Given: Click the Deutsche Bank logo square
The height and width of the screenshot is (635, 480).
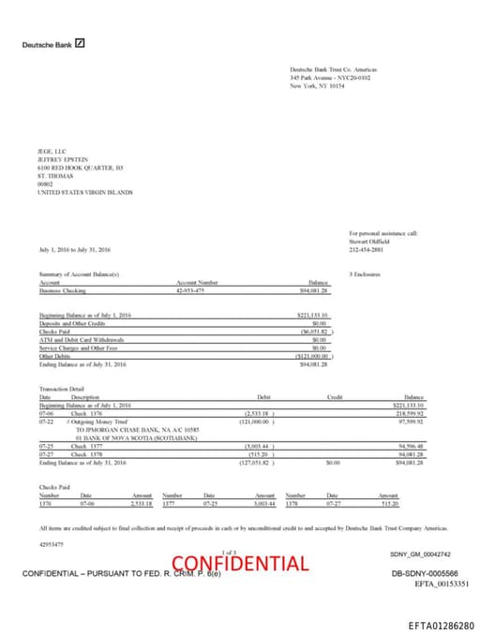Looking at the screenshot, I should [x=81, y=43].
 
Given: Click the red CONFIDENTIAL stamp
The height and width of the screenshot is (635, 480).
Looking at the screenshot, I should [x=240, y=563].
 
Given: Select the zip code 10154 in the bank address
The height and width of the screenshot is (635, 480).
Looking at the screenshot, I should [x=324, y=85].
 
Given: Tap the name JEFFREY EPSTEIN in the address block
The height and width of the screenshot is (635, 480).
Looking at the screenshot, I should [x=62, y=158].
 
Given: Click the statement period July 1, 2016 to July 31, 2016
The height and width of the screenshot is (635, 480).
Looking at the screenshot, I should [x=75, y=250].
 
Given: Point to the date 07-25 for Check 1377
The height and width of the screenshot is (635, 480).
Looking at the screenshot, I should [x=46, y=446].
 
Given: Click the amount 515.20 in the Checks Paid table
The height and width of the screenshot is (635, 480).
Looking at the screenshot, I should [x=388, y=504].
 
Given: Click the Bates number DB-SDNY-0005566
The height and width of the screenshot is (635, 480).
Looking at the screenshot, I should [x=425, y=572].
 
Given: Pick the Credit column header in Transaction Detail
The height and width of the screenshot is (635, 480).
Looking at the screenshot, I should [x=335, y=397].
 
